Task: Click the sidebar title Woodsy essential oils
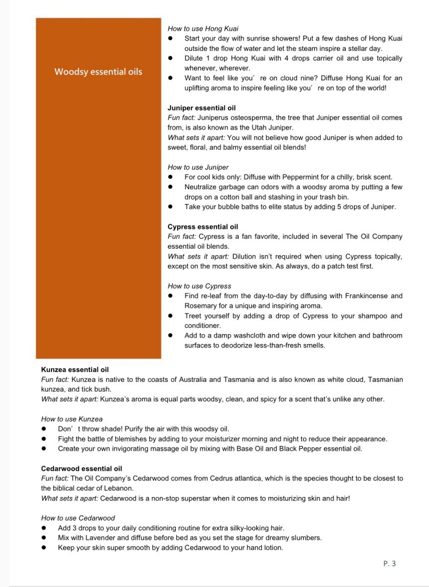tap(98, 72)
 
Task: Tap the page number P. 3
tap(389, 563)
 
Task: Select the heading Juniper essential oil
tap(202, 108)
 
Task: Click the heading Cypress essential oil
tap(203, 226)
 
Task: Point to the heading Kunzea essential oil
tap(74, 370)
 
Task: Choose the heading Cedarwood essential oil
tap(81, 468)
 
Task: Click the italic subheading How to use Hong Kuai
tap(203, 28)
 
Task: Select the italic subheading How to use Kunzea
tap(72, 419)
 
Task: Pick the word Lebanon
tap(120, 488)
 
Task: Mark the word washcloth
tap(246, 335)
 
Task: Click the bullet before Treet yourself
tap(171, 316)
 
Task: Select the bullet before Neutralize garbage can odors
tap(171, 187)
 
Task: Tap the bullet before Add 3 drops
tap(44, 528)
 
